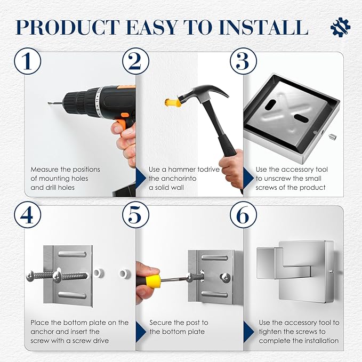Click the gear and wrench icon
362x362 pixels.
340,27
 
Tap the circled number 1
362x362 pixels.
28,61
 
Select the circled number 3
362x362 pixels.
243,61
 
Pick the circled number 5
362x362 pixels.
135,215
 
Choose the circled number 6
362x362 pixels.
243,215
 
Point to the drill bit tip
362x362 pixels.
49,103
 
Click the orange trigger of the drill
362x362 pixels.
123,125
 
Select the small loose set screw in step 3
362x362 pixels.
332,137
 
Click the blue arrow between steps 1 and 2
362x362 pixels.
141,178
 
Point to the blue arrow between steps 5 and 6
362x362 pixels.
248,332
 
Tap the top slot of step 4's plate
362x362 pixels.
73,254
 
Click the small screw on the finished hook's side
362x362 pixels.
332,271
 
